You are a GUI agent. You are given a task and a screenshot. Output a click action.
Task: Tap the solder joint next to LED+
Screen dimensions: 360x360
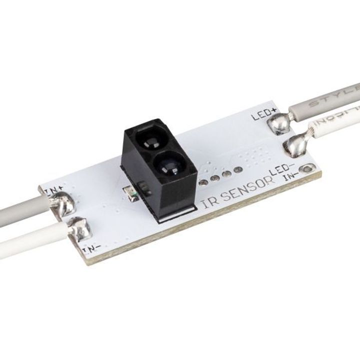[x=278, y=123]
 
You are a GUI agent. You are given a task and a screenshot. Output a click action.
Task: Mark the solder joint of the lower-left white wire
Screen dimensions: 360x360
[x=79, y=230]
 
